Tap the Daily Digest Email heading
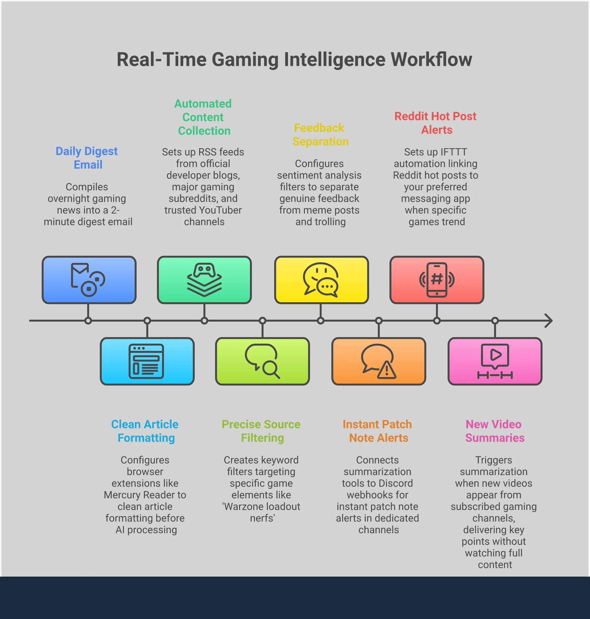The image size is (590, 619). [87, 158]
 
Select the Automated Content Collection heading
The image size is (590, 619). [203, 117]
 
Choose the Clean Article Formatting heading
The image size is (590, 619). [145, 431]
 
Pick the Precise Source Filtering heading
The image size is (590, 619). [261, 431]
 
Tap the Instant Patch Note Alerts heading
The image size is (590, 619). [377, 431]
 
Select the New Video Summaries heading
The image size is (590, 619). [494, 431]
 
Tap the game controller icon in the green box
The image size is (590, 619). [204, 270]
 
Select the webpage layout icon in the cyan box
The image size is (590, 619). [146, 361]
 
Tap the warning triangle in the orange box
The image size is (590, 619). [387, 371]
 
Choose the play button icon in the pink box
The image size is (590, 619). [495, 355]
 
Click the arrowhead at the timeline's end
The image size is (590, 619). [549, 321]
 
